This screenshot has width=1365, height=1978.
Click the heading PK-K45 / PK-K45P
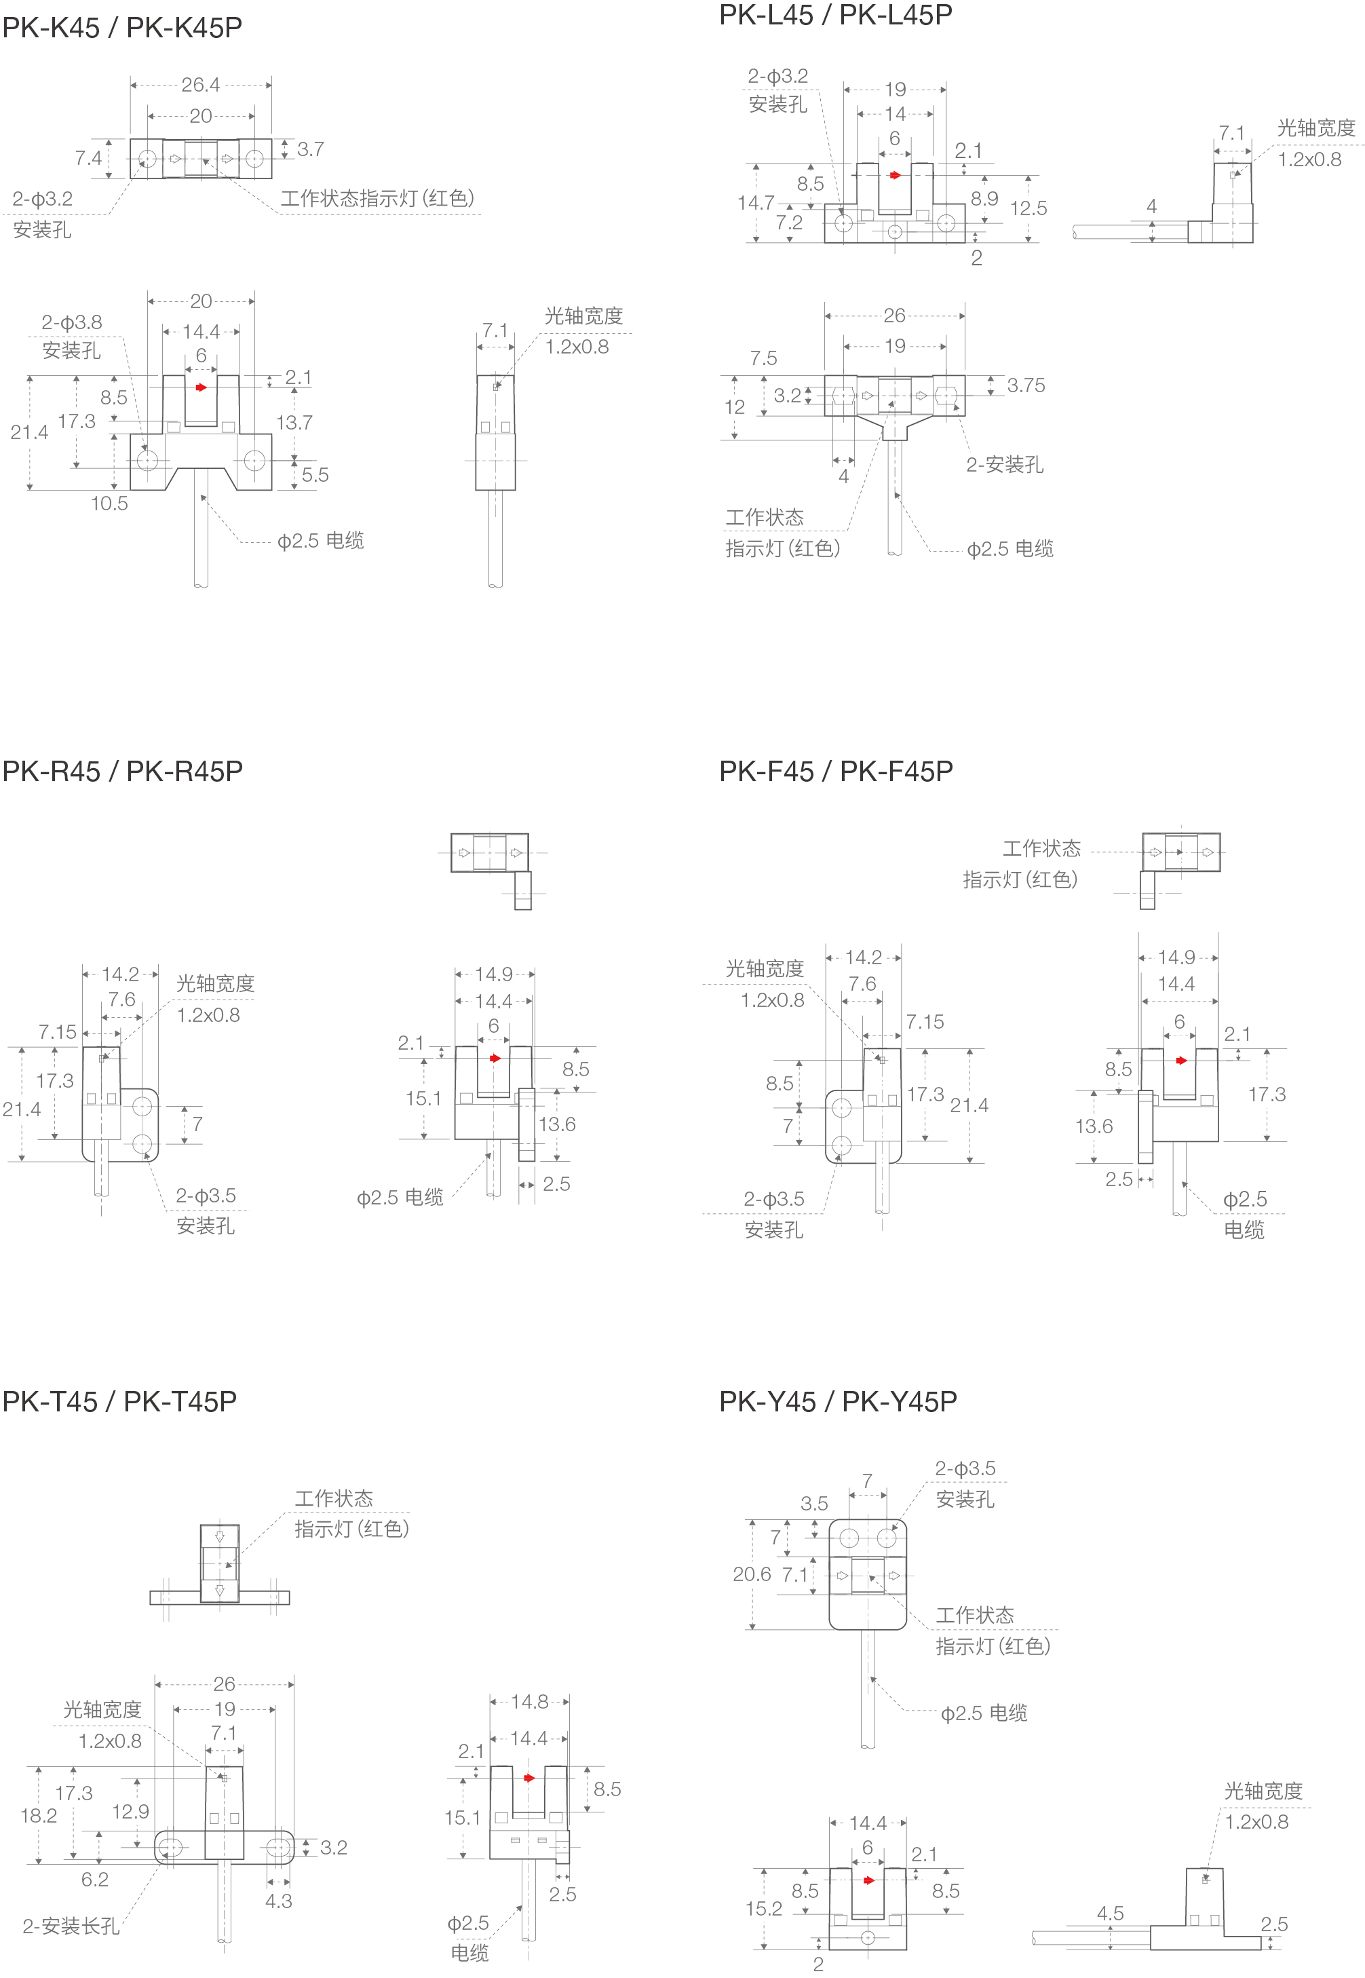coord(122,27)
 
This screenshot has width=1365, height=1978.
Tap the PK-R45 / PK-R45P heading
coord(122,771)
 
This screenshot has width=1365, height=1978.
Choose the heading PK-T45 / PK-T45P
coord(119,1401)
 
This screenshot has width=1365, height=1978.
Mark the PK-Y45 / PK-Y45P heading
coord(837,1401)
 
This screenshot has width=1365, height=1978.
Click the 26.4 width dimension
coord(200,85)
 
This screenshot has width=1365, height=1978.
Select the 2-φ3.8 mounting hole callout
coord(72,322)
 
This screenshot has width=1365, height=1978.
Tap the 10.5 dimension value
coord(109,503)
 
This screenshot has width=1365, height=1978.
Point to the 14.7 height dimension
coord(755,203)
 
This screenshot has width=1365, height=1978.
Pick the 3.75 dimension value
coord(1026,385)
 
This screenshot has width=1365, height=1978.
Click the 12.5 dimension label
coord(1028,208)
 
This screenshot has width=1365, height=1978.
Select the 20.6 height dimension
coord(752,1574)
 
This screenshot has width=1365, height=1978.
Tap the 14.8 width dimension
coord(529,1702)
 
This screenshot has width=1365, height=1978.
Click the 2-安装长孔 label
coord(71,1926)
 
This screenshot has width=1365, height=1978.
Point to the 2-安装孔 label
coord(1004,464)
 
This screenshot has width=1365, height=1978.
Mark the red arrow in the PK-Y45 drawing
coord(869,1880)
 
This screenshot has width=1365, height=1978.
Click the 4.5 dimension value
coord(1110,1913)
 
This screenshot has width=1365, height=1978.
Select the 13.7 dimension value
coord(294,423)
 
